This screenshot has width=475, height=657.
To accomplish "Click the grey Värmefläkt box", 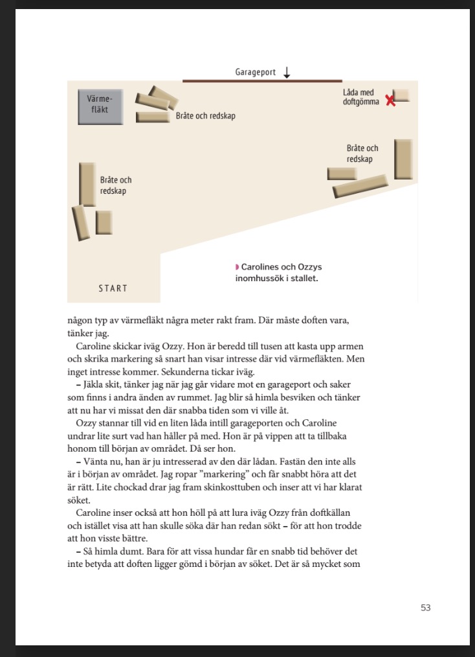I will (x=100, y=107).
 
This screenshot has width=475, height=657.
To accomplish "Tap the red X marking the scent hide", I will (x=390, y=100).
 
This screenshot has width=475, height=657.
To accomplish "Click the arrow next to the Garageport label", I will (x=287, y=73).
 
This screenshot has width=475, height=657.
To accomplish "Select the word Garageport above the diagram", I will (x=256, y=73).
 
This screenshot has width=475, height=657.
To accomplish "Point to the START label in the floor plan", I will (x=113, y=288).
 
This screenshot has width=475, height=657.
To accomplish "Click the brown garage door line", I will (x=262, y=81).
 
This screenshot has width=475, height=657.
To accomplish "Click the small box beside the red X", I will (x=402, y=95).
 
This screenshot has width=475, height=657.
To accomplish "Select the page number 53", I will (x=425, y=608).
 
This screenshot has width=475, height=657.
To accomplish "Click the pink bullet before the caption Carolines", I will (x=237, y=267).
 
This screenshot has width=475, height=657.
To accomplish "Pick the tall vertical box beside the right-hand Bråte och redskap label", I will (x=403, y=159).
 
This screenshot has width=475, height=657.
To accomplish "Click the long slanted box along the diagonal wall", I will (x=360, y=187).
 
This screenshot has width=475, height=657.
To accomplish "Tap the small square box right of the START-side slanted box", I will (x=104, y=222).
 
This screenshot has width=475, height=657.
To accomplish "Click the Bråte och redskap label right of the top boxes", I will (x=206, y=117).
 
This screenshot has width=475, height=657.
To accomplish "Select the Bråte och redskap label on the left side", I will (x=116, y=185).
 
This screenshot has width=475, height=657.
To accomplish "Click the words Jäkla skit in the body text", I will (x=95, y=385).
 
